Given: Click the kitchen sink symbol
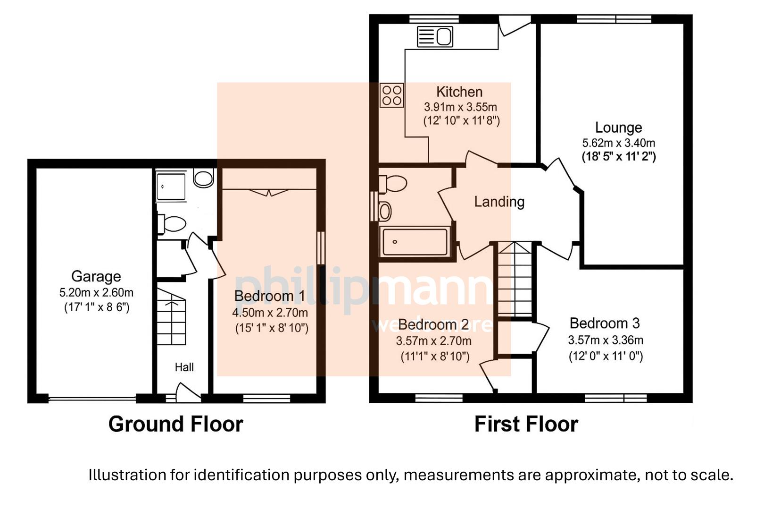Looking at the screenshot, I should coord(435,36).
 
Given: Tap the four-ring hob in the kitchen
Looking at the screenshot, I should coord(391,95).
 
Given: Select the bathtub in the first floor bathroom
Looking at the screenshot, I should coord(415,242).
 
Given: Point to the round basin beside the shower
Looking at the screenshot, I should coord(203,178).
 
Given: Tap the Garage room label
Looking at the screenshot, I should coord(96,276).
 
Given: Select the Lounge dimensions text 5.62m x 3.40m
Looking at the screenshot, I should coord(618,143).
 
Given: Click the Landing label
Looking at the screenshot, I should coord(499,202).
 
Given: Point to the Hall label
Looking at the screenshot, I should coord(184,367).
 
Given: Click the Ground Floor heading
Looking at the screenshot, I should coord(175,424).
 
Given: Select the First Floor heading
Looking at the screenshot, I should coord(526,424).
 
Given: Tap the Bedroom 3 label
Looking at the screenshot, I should coord(604,323).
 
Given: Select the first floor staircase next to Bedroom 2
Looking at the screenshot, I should coord(515,280).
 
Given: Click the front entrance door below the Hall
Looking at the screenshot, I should coord(187,394).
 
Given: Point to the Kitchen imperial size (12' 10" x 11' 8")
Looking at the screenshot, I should coord(461,121).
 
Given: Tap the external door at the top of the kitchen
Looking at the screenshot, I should coord(514,25).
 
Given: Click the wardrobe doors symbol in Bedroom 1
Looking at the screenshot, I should coord(269,192).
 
